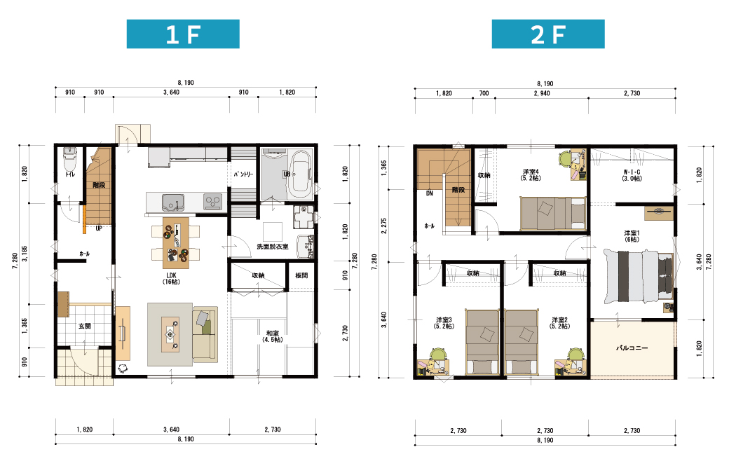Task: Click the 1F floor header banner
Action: pos(183,34)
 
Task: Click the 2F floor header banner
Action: pos(548,34)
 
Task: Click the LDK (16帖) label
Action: pos(171,278)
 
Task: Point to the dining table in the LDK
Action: pos(176,243)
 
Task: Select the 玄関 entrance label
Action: pos(85,326)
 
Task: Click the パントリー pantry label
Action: pos(244,174)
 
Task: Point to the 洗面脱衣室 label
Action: pos(273,247)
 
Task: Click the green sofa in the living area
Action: pos(205,334)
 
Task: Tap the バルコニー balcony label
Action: pos(632,348)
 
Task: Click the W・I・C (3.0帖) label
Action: pos(632,175)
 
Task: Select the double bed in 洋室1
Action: pos(639,276)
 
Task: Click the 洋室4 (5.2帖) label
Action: pos(531,174)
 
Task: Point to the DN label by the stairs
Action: pos(430,193)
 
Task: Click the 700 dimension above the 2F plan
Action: pos(484,93)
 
